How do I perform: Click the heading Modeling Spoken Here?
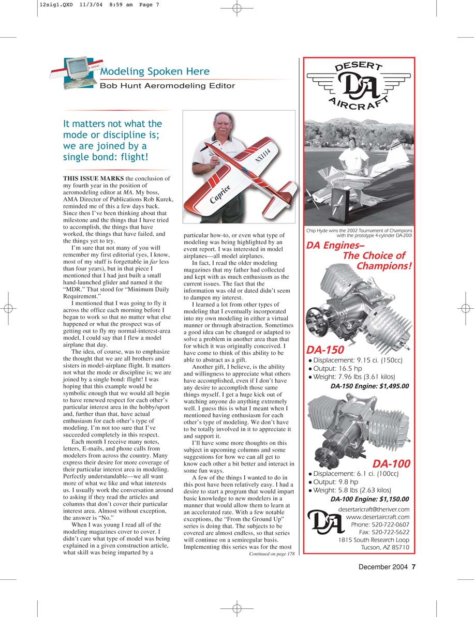coord(155,72)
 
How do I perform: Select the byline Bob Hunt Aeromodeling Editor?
coord(167,86)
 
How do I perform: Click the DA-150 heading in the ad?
coord(325,350)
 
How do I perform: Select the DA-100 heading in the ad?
coord(391,463)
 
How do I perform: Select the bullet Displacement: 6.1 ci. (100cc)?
coord(359,473)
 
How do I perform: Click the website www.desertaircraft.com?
coord(377,517)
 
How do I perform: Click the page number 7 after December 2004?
coord(413,567)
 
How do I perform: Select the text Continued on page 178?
coord(271,553)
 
